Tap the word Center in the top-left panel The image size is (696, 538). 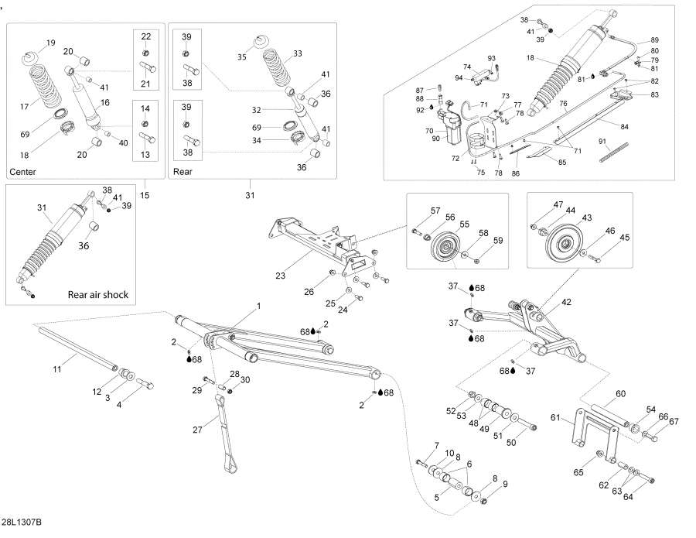pyautogui.click(x=22, y=171)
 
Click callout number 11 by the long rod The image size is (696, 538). pyautogui.click(x=56, y=369)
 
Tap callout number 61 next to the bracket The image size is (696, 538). pyautogui.click(x=576, y=417)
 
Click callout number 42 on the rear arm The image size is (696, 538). pyautogui.click(x=566, y=303)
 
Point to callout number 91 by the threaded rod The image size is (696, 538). pyautogui.click(x=603, y=142)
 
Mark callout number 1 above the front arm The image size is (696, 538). pyautogui.click(x=258, y=306)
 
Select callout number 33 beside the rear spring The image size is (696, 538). pyautogui.click(x=298, y=53)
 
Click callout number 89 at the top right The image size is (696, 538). pyautogui.click(x=654, y=40)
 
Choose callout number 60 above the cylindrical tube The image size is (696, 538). pyautogui.click(x=619, y=393)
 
